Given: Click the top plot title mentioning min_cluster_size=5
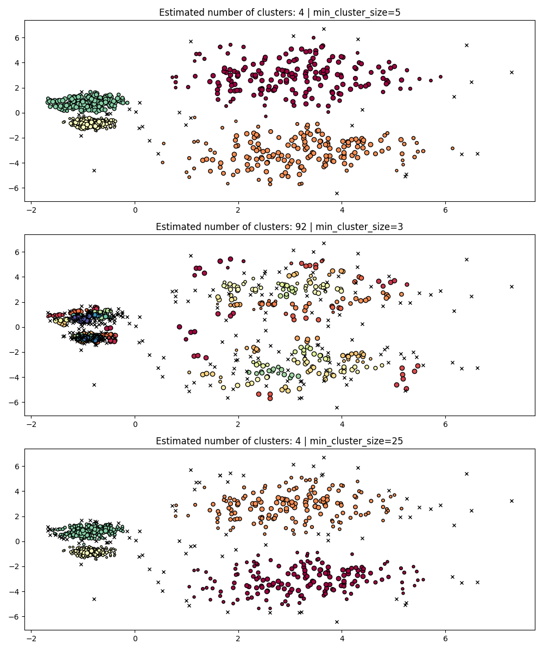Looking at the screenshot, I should coord(279,12).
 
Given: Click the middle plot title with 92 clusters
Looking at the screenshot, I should coord(279,227).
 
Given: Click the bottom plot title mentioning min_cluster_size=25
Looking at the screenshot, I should coord(279,441).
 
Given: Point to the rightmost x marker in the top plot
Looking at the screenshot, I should coord(512,72).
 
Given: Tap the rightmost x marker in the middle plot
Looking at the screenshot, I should coord(512,286).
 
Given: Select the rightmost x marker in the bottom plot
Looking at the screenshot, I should coord(512,501).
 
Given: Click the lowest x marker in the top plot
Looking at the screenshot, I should coord(337,193).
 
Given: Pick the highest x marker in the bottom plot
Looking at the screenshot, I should coord(324,457).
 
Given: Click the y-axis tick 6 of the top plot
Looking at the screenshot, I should coord(17,38).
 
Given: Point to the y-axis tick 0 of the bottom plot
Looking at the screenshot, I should coord(17,541).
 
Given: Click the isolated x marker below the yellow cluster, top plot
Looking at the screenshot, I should coord(94,170).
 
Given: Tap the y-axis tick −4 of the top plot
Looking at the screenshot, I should coord(15,163).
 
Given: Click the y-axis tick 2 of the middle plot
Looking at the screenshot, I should coord(17,302).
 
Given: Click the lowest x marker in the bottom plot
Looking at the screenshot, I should coord(337,622).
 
